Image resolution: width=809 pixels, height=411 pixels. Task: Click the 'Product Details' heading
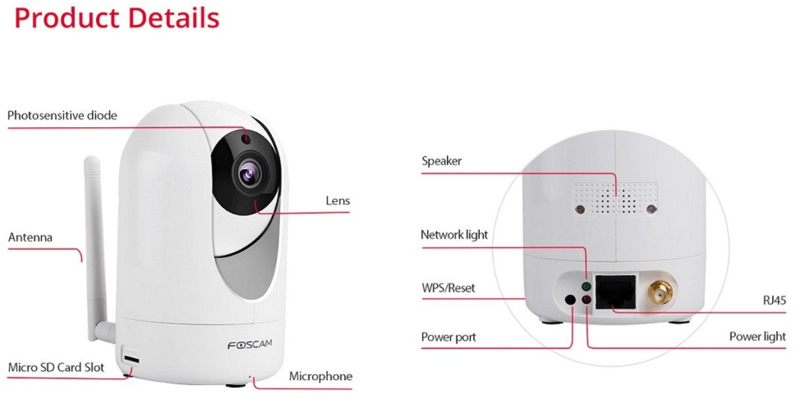pos(116,18)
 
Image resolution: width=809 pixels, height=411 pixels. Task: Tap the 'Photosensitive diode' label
pos(62,116)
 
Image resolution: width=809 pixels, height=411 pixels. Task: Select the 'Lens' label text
pos(338,200)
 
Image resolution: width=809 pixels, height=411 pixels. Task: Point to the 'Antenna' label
pos(30,237)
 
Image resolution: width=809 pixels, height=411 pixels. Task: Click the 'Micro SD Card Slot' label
pos(56,367)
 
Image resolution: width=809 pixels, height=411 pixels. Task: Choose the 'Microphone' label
pos(321,376)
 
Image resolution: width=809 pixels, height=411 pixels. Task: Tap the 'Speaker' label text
pos(441,161)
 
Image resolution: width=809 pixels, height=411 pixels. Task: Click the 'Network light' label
pos(454,234)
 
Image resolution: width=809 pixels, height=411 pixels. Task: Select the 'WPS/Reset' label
pos(448,288)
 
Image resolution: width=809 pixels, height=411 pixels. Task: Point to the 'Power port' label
pos(448,337)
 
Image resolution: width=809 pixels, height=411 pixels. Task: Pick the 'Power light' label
pos(757,337)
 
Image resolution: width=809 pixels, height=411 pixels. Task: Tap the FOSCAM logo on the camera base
pos(249,345)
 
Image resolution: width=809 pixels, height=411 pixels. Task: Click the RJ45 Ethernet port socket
pos(615,291)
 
